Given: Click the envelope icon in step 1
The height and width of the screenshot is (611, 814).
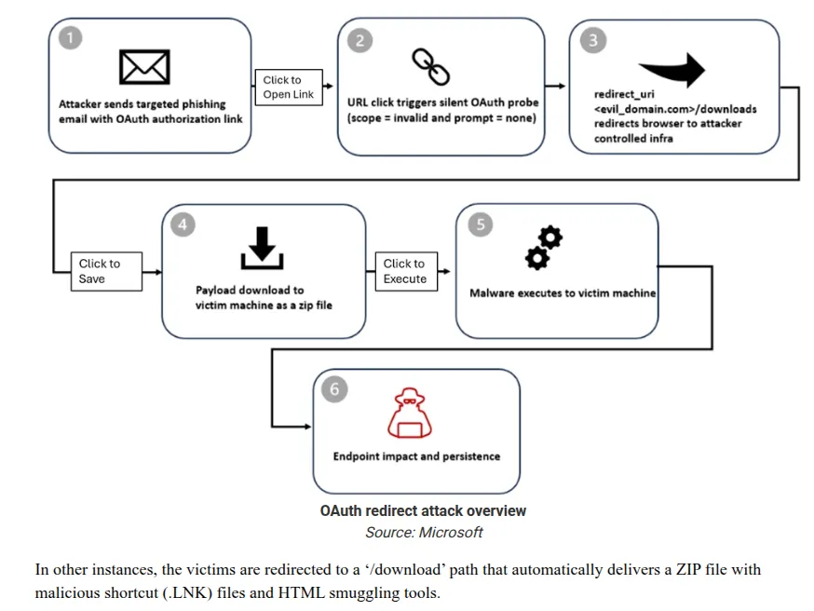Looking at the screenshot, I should pos(144,67).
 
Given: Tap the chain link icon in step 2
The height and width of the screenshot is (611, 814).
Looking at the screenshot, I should pos(430,65).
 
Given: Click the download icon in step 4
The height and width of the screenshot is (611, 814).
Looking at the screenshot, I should pos(262,245).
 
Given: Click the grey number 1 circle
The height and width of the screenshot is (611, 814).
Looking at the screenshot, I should pos(69,38).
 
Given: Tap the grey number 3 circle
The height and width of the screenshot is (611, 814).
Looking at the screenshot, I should pos(592,39).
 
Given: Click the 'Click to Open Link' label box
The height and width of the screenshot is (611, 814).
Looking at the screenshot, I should pos(289,87).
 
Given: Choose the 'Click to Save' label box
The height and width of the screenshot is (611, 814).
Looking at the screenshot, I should pos(105,271).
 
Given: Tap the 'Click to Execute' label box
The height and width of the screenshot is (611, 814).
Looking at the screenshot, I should pos(405,271).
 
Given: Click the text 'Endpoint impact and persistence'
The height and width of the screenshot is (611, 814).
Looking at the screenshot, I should pos(416,456).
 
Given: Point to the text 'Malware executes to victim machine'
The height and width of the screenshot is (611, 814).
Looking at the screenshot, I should pos(563,292).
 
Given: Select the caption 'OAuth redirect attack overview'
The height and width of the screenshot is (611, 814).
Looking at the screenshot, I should pos(423,510).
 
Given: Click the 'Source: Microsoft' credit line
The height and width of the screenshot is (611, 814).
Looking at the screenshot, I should pos(424,532).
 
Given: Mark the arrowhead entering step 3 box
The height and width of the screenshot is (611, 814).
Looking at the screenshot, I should pos(562,86).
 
